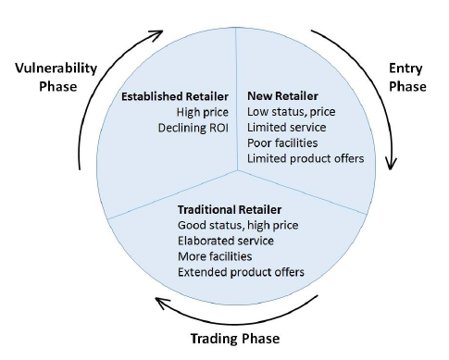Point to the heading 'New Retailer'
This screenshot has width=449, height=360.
[283, 95]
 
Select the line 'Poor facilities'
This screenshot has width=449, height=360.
[281, 143]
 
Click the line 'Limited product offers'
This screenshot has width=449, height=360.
[306, 158]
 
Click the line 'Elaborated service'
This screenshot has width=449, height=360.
[226, 241]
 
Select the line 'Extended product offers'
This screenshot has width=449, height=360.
[241, 272]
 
